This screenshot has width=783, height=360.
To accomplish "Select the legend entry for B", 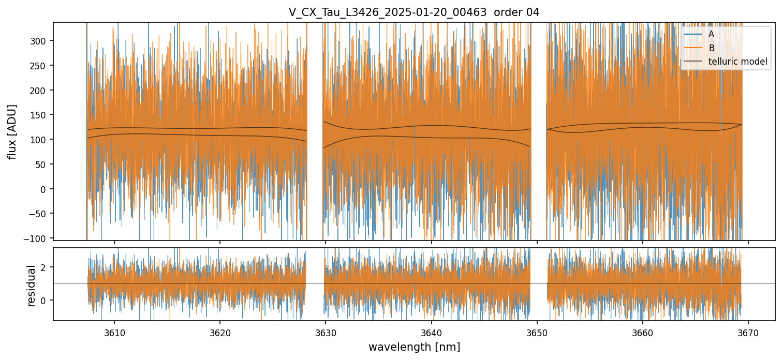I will (x=712, y=48).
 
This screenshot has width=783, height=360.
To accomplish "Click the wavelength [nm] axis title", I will (x=414, y=347).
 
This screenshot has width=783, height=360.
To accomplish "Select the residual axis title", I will (x=32, y=285).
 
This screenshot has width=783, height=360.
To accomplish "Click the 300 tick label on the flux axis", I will (x=40, y=41).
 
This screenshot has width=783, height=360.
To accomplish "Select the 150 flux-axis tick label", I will (x=40, y=115).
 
